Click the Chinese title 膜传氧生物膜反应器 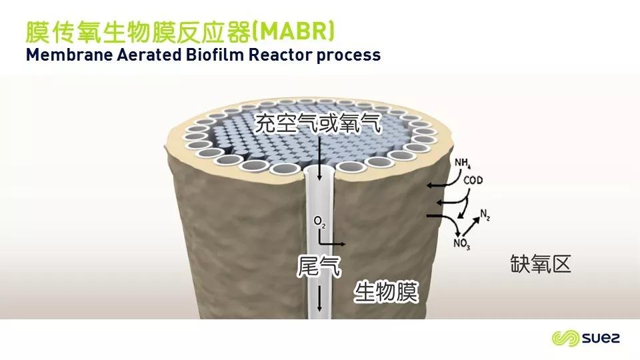(x=138, y=32)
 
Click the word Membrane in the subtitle (x=69, y=55)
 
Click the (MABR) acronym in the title (x=293, y=32)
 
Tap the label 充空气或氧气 (x=318, y=123)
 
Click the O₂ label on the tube (x=319, y=222)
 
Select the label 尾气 (x=319, y=266)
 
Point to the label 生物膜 (x=386, y=292)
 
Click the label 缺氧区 (x=541, y=264)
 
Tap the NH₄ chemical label (x=463, y=163)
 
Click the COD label (x=473, y=180)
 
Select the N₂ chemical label (x=485, y=215)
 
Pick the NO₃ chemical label (x=461, y=244)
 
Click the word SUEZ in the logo (x=601, y=338)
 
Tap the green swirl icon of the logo (x=565, y=339)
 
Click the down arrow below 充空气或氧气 (x=319, y=159)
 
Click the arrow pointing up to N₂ (x=470, y=227)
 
